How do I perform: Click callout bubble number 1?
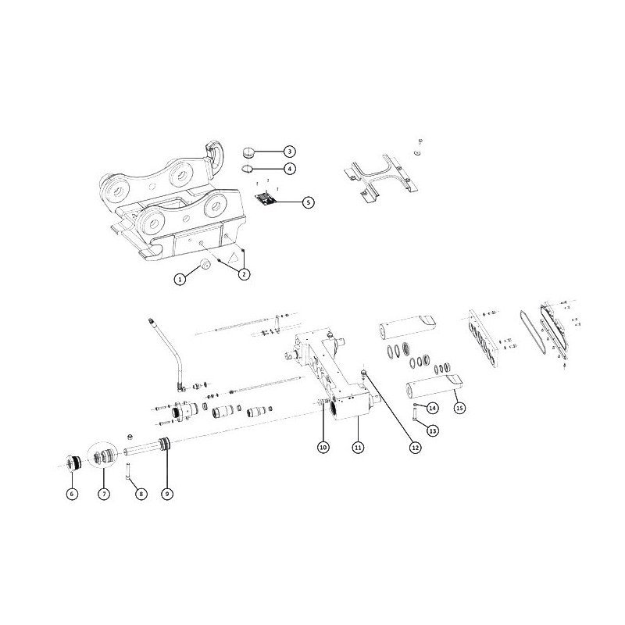(x=180, y=279)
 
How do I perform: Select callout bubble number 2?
(x=245, y=274)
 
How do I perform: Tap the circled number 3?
(x=290, y=152)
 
